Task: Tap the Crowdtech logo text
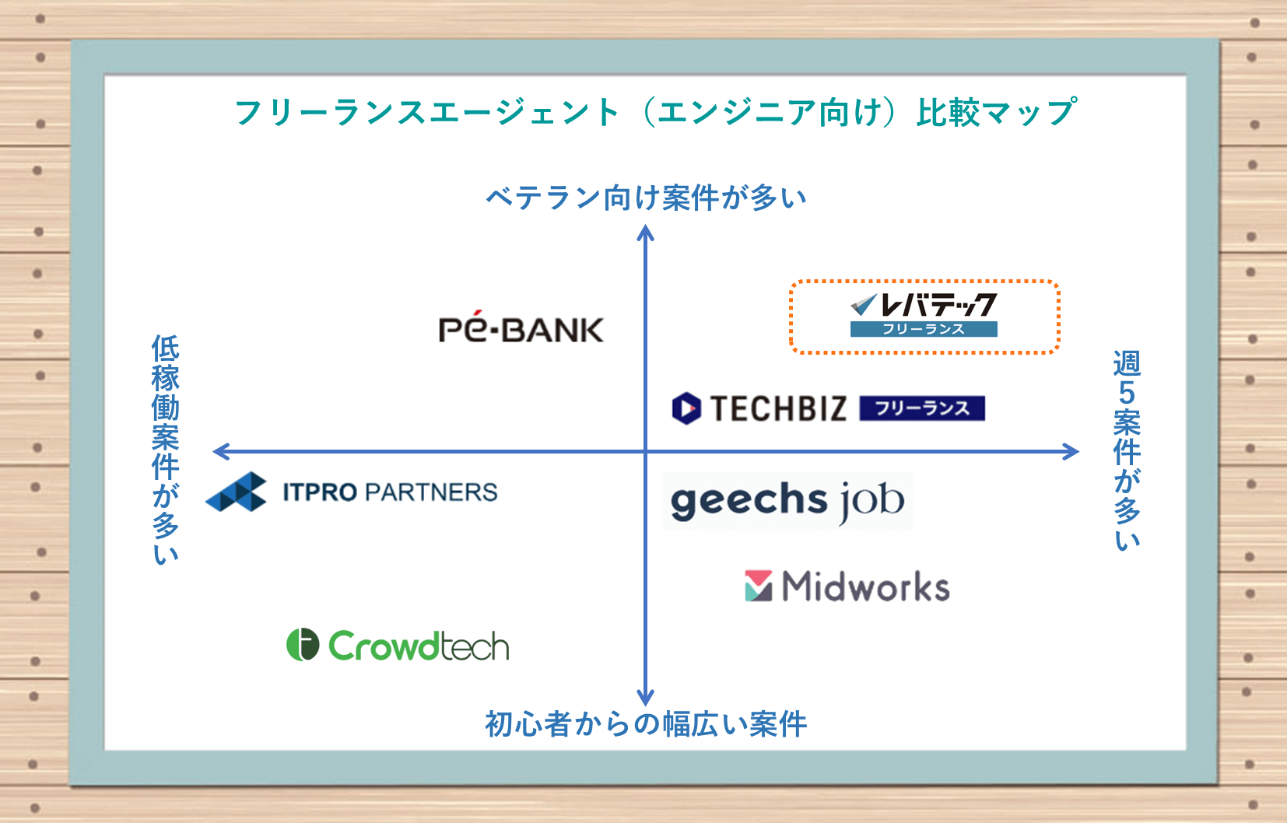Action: [x=419, y=646]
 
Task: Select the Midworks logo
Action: [x=847, y=587]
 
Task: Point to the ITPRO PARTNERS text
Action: [x=390, y=492]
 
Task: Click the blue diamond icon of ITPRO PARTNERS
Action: [x=236, y=492]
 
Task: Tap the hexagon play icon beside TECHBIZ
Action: [x=686, y=408]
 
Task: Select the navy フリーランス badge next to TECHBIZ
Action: [x=922, y=408]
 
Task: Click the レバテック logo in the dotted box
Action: [x=924, y=315]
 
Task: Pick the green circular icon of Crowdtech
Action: [x=303, y=644]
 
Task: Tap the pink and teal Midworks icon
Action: [x=759, y=586]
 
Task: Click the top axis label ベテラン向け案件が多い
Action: [x=647, y=198]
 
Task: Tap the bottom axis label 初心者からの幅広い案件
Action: [x=647, y=723]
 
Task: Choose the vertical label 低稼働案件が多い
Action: [x=166, y=450]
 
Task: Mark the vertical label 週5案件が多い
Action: [x=1127, y=451]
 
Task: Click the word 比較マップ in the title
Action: [x=997, y=111]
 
